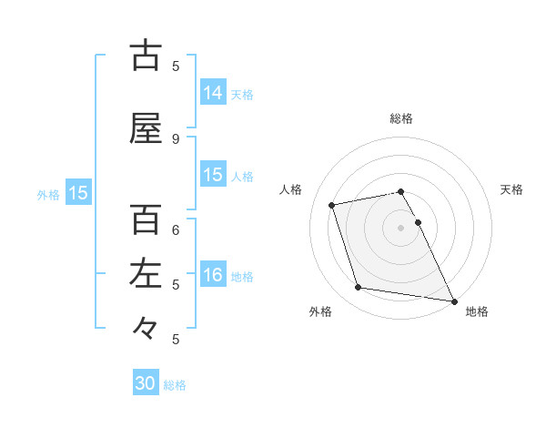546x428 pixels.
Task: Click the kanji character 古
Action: coord(146,56)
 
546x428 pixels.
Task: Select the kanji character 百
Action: coord(146,219)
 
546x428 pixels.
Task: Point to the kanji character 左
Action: coord(146,274)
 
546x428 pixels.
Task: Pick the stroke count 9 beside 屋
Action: coord(176,138)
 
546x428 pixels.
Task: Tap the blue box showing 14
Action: coord(213,92)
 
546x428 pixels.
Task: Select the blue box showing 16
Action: coord(213,276)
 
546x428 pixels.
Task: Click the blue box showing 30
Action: coord(146,383)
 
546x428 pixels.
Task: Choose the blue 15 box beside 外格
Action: coord(78,193)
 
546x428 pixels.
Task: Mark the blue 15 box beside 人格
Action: coord(213,175)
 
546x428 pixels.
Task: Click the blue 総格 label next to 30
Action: coord(175,385)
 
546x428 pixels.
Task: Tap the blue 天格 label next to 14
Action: coord(242,94)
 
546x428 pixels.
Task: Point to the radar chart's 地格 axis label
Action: coord(477,312)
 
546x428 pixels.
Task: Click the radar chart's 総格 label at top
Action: coord(401,118)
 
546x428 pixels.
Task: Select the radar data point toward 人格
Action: coord(332,205)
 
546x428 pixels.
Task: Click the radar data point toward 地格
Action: coord(453,301)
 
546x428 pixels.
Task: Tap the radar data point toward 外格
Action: coord(359,288)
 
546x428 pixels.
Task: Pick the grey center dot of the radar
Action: coord(401,228)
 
